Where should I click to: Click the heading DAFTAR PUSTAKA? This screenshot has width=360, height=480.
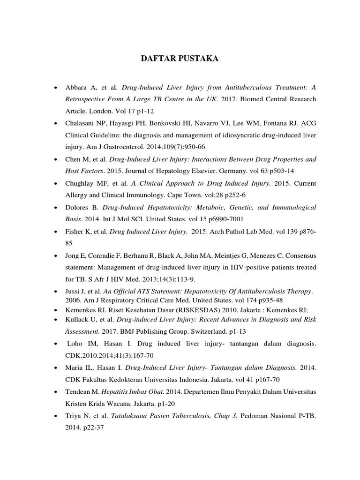click(x=180, y=59)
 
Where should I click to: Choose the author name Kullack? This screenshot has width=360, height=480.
click(x=77, y=320)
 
